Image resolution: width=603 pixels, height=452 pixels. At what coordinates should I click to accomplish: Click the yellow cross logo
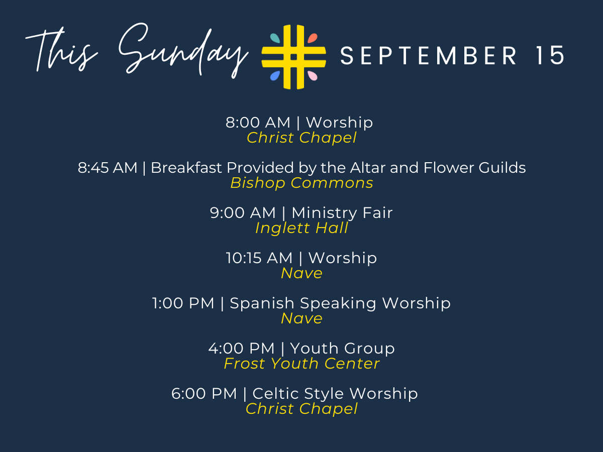pyautogui.click(x=293, y=57)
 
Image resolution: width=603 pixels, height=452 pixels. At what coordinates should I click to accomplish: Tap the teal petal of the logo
pyautogui.click(x=275, y=38)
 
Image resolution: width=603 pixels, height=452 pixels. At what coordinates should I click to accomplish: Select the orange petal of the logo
pyautogui.click(x=313, y=38)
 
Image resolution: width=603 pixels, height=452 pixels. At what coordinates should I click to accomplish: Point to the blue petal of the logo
pyautogui.click(x=275, y=76)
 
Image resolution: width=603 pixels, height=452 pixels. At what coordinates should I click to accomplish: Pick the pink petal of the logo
pyautogui.click(x=313, y=76)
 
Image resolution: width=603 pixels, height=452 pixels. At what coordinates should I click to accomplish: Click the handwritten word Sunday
pyautogui.click(x=183, y=51)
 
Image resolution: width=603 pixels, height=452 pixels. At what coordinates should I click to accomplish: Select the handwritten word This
pyautogui.click(x=61, y=49)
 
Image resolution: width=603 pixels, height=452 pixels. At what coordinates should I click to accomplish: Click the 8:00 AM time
pyautogui.click(x=258, y=123)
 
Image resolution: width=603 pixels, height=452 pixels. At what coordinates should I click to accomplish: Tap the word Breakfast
pyautogui.click(x=186, y=167)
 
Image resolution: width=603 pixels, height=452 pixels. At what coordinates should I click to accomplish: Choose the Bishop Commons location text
pyautogui.click(x=301, y=183)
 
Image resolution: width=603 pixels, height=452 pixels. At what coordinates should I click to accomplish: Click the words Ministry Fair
pyautogui.click(x=342, y=213)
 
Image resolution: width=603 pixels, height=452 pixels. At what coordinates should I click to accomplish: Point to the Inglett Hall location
pyautogui.click(x=301, y=228)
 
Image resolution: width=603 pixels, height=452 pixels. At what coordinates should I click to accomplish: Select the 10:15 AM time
pyautogui.click(x=259, y=258)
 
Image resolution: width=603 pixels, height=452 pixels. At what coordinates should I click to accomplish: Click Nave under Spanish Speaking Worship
pyautogui.click(x=301, y=318)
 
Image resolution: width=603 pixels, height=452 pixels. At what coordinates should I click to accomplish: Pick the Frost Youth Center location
pyautogui.click(x=301, y=364)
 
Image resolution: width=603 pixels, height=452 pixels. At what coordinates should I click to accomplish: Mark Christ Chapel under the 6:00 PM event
pyautogui.click(x=301, y=409)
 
